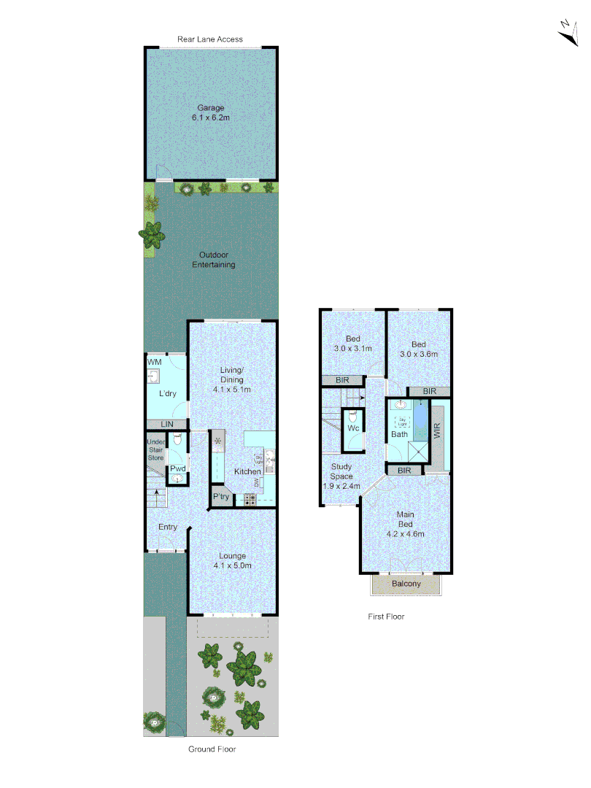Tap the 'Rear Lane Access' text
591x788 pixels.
pyautogui.click(x=210, y=39)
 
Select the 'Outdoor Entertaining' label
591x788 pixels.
pyautogui.click(x=213, y=260)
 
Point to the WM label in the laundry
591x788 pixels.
pyautogui.click(x=154, y=362)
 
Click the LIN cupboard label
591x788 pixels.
pyautogui.click(x=167, y=424)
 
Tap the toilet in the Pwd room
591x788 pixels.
pyautogui.click(x=176, y=441)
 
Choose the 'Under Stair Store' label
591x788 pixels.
pyautogui.click(x=155, y=450)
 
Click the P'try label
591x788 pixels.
pyautogui.click(x=221, y=497)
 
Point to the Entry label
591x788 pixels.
pyautogui.click(x=168, y=527)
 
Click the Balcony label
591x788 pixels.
pyautogui.click(x=406, y=584)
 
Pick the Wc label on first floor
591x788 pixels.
pyautogui.click(x=353, y=428)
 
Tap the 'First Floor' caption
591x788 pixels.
pyautogui.click(x=386, y=617)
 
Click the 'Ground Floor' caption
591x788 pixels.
pyautogui.click(x=212, y=749)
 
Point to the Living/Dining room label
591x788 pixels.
pyautogui.click(x=232, y=379)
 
